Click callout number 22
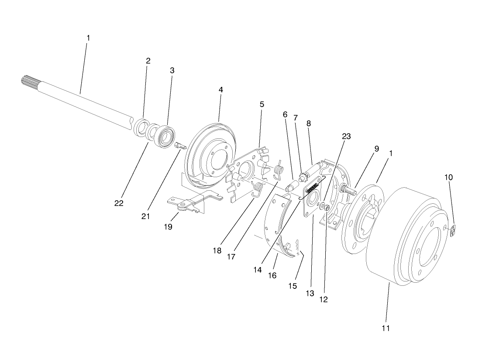pyautogui.click(x=119, y=203)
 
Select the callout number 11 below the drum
pyautogui.click(x=386, y=327)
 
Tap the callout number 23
pyautogui.click(x=346, y=136)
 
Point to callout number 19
pyautogui.click(x=168, y=226)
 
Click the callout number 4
pyautogui.click(x=220, y=89)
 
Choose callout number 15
pyautogui.click(x=292, y=286)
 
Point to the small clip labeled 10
pyautogui.click(x=453, y=230)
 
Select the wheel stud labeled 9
pyautogui.click(x=347, y=190)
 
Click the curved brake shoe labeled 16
pyautogui.click(x=279, y=227)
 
